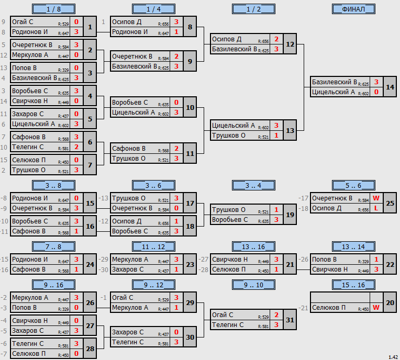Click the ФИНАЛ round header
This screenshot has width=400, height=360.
[353, 9]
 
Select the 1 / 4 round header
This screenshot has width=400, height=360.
[153, 9]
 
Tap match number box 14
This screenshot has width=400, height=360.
[390, 87]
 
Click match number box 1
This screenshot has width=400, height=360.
[90, 27]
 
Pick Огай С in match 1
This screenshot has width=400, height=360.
[23, 22]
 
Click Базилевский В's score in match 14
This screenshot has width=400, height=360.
[376, 82]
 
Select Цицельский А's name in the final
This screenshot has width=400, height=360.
[333, 92]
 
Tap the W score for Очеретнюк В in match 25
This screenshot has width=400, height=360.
[376, 198]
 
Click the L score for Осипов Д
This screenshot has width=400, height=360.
[376, 208]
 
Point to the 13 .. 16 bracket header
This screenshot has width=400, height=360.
[253, 246]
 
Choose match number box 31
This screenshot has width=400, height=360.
[290, 320]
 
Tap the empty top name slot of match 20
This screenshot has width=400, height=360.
[340, 298]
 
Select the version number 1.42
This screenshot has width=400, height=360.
[393, 357]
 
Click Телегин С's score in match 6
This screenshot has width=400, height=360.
[76, 147]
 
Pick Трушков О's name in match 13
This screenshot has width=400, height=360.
[229, 136]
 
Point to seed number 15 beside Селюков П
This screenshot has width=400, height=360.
[4, 160]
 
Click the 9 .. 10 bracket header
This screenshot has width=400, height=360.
[253, 285]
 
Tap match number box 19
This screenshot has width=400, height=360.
[290, 215]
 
